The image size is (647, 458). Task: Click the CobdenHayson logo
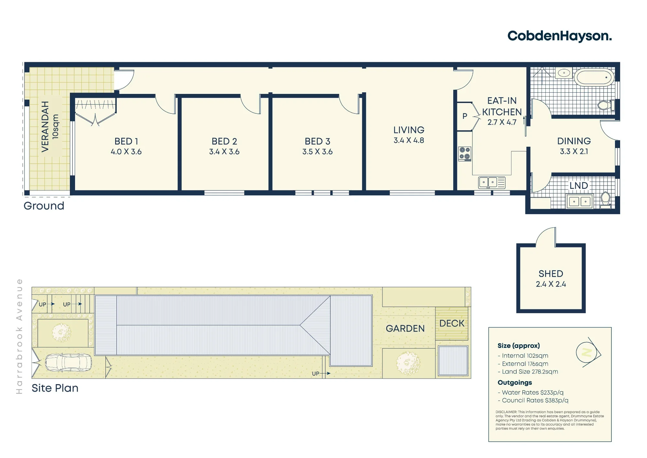560,36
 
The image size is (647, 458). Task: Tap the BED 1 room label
126,141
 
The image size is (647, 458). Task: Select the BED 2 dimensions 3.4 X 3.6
224,152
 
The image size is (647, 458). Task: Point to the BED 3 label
317,141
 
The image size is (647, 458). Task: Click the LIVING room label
409,130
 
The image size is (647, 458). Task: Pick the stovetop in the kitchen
465,154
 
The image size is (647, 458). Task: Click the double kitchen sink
492,183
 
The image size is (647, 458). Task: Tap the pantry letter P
465,116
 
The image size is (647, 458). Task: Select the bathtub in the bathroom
594,78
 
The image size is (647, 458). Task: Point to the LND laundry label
578,186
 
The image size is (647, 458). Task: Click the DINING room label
574,141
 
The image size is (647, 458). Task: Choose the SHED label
551,274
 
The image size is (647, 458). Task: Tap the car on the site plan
68,362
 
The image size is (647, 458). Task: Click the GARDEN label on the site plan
405,328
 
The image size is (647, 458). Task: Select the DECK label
452,323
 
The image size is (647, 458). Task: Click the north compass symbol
588,352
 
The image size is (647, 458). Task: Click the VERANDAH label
45,126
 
